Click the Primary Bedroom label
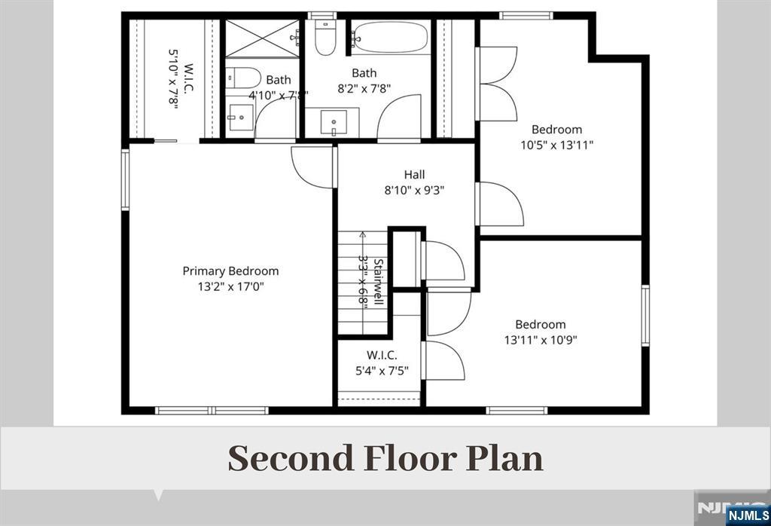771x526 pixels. pyautogui.click(x=230, y=271)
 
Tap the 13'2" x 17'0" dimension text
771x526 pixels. pyautogui.click(x=231, y=286)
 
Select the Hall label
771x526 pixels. pyautogui.click(x=415, y=174)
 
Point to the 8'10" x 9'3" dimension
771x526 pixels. pyautogui.click(x=415, y=190)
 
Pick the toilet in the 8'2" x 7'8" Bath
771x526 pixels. pyautogui.click(x=325, y=38)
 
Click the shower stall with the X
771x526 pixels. pyautogui.click(x=262, y=38)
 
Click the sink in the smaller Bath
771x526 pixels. pyautogui.click(x=240, y=118)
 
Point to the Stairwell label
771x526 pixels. pyautogui.click(x=378, y=282)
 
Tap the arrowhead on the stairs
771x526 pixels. pyautogui.click(x=363, y=234)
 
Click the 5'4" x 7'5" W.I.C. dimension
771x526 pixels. pyautogui.click(x=382, y=371)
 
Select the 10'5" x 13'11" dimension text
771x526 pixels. pyautogui.click(x=557, y=145)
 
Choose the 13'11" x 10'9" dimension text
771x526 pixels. pyautogui.click(x=541, y=340)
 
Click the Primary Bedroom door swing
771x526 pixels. pyautogui.click(x=312, y=167)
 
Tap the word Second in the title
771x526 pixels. pyautogui.click(x=291, y=458)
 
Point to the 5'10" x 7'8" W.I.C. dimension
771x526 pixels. pyautogui.click(x=172, y=78)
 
